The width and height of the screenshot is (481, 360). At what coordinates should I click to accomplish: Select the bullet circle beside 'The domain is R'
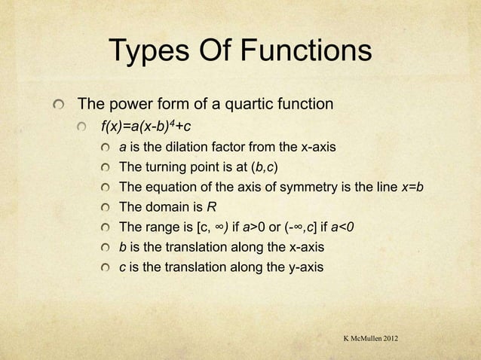[106, 207]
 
